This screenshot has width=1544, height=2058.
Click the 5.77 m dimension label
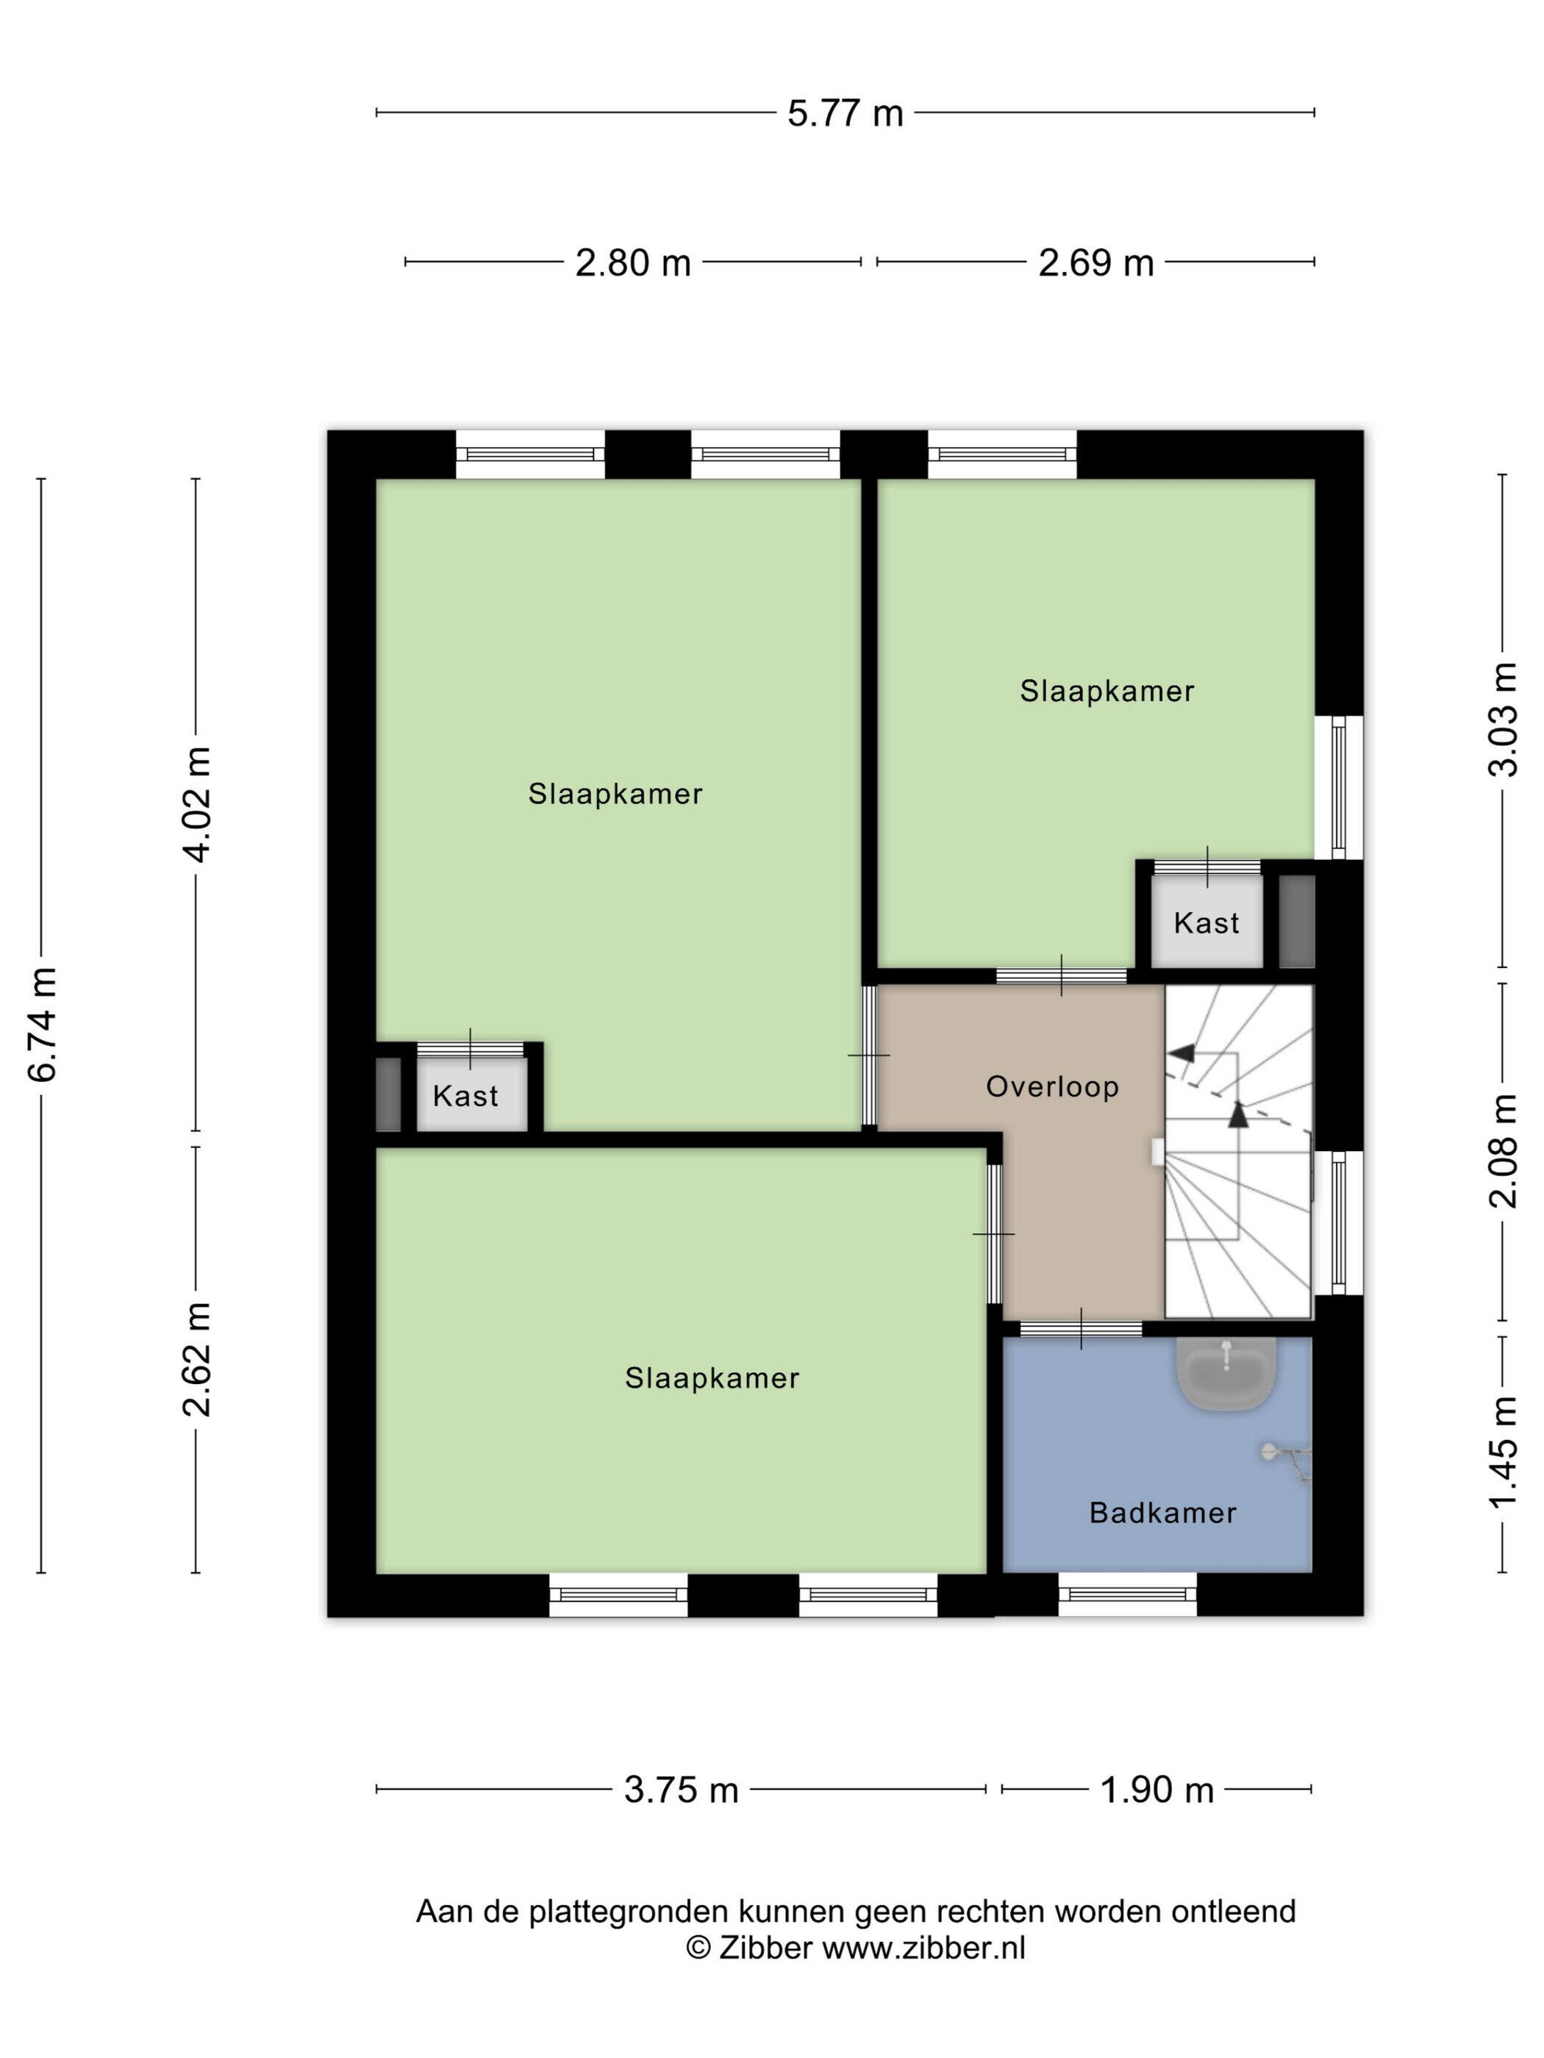(844, 113)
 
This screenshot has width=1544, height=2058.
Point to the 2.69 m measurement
(1096, 263)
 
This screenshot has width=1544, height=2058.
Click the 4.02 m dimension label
(197, 804)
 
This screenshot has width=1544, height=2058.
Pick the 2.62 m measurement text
(197, 1359)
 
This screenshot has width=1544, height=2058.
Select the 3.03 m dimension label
(1503, 719)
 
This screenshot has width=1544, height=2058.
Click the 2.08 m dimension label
(1503, 1151)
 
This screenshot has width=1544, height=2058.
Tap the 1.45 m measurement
(1503, 1453)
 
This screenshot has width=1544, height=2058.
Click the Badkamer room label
(1162, 1513)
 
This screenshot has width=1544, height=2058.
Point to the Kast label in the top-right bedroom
(1207, 923)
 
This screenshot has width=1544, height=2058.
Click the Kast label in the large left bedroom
(465, 1096)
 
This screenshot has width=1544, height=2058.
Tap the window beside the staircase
(1337, 1222)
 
